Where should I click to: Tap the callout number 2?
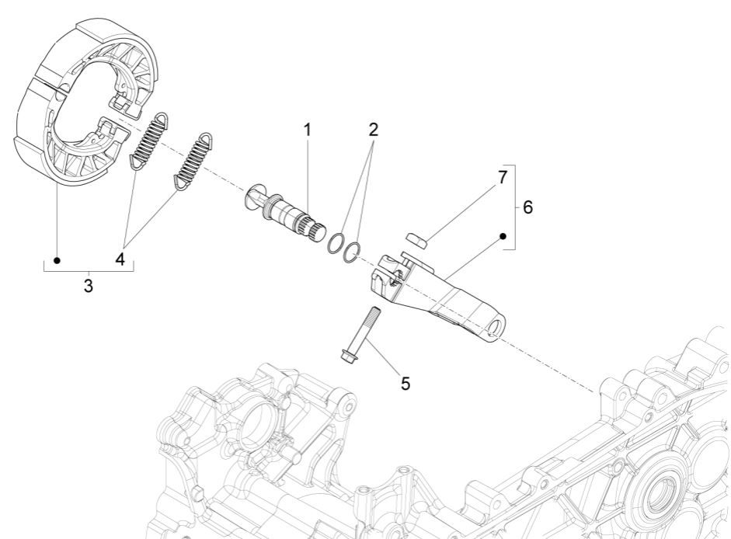tap(374, 130)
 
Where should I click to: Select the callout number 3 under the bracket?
tap(89, 286)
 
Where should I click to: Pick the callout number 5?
tap(406, 384)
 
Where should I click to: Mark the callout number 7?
tap(503, 177)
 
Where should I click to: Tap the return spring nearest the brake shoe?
tap(148, 139)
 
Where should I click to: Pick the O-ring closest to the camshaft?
tap(334, 242)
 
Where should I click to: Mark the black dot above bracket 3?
tap(57, 259)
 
